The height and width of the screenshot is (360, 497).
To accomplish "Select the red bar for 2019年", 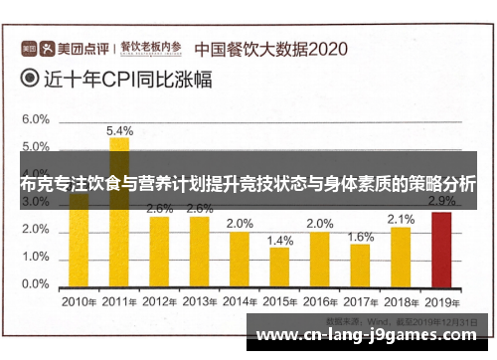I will pos(440,249).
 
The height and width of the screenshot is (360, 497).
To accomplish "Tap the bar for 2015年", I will pos(279,266).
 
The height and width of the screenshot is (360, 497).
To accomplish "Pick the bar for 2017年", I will pos(360,264).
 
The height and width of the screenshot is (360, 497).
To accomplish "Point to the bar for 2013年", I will pos(199,251).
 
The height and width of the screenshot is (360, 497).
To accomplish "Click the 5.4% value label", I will pos(119,130).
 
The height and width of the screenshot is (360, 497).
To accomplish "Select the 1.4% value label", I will pos(280,240).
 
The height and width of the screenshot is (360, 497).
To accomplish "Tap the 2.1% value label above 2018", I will pos(401,219).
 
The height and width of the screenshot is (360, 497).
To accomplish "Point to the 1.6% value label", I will pos(361,236).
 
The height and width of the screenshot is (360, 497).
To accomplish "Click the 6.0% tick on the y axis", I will pos(36,119).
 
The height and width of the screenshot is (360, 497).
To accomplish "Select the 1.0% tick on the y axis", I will pos(36,257).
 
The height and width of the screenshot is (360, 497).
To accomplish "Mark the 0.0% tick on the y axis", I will pos(36,284).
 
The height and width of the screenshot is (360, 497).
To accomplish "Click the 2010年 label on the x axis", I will pos(79,300).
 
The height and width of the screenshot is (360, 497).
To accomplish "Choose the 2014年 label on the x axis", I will pos(240,300).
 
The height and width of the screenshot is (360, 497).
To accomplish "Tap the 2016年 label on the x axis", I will pos(320,300).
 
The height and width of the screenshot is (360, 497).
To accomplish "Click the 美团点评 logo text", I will pos(78,47).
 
